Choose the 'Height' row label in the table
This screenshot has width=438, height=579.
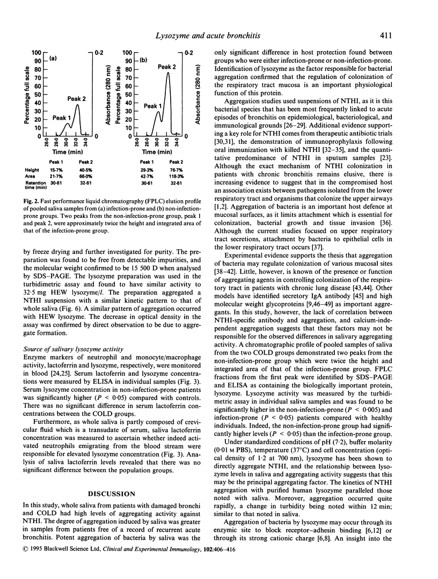pyautogui.click(x=32, y=169)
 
